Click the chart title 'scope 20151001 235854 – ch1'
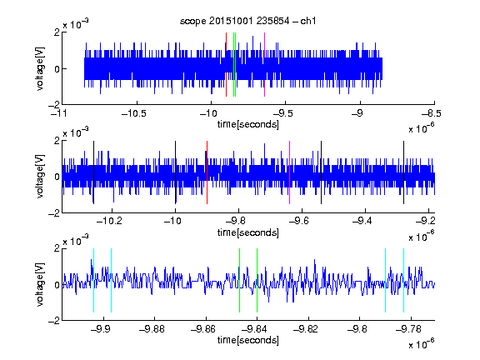pyautogui.click(x=247, y=21)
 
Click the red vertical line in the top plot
pyautogui.click(x=226, y=65)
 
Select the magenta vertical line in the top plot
pyautogui.click(x=264, y=65)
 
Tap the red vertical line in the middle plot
pyautogui.click(x=207, y=172)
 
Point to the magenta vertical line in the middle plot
pyautogui.click(x=290, y=172)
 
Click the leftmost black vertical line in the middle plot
pyautogui.click(x=93, y=172)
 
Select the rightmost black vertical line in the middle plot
pyautogui.click(x=404, y=172)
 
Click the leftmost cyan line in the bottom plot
pyautogui.click(x=93, y=280)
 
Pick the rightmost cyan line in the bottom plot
pyautogui.click(x=404, y=280)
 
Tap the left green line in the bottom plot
pyautogui.click(x=240, y=280)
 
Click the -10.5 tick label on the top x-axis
pyautogui.click(x=134, y=113)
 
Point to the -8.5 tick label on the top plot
pyautogui.click(x=431, y=113)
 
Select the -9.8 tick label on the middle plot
pyautogui.click(x=235, y=220)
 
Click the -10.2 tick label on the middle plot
pyautogui.click(x=109, y=220)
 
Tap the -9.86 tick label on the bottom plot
pyautogui.click(x=202, y=329)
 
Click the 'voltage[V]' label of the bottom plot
pyautogui.click(x=40, y=284)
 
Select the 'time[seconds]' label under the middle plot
pyautogui.click(x=248, y=232)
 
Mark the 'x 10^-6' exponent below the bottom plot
pyautogui.click(x=422, y=344)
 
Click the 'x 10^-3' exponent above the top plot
pyautogui.click(x=76, y=23)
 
